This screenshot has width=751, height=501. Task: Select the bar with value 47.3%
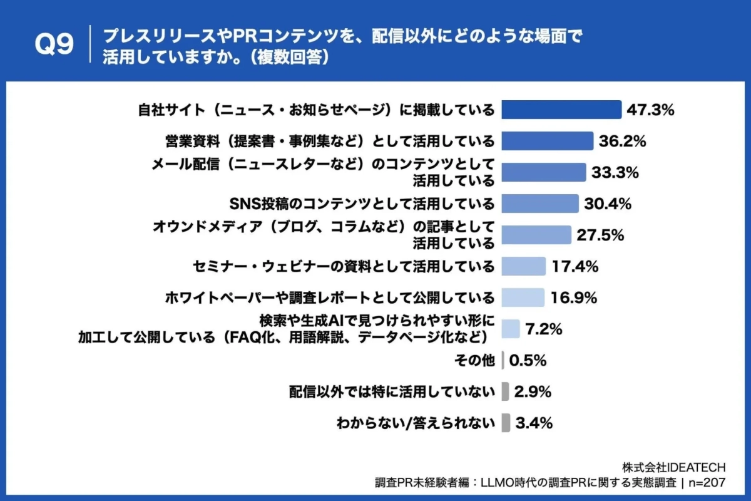coord(561,110)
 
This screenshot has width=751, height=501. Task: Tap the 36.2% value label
coord(622,141)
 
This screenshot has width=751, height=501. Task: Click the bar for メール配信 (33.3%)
coord(544,172)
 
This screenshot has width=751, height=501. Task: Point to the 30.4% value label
coord(608,204)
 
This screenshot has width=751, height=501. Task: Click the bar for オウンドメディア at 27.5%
coord(536,235)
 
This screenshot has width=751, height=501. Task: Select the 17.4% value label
coord(575,266)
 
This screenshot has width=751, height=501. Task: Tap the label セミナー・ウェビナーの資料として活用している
coord(343,266)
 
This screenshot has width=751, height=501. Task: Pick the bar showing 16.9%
coord(523,297)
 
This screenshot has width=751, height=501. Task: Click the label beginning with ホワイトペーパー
coord(330,297)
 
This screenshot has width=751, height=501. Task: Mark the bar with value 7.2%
coord(511,329)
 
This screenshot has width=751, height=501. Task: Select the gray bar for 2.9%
coord(505,392)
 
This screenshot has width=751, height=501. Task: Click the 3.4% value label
coord(534,423)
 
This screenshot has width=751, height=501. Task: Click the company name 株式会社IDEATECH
coord(673,467)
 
